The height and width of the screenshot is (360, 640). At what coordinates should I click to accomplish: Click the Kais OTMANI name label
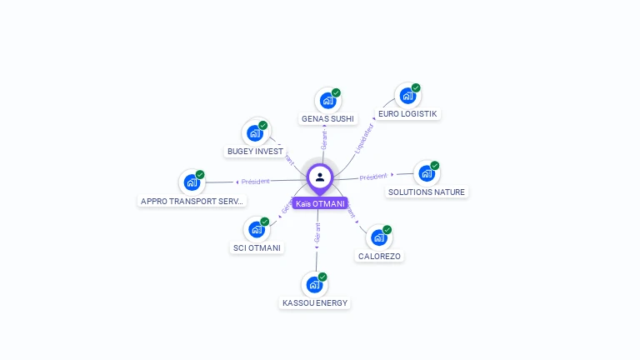coord(319,203)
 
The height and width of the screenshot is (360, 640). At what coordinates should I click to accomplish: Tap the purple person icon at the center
coord(320,177)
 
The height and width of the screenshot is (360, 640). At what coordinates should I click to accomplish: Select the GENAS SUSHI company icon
coord(327,101)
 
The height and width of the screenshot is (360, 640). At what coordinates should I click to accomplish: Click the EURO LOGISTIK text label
coord(407,113)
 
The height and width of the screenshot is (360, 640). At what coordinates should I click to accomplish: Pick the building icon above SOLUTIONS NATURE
coord(426,173)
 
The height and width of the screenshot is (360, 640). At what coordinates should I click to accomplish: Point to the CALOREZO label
coord(379,257)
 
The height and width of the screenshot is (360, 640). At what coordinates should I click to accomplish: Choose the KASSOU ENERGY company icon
coord(314,285)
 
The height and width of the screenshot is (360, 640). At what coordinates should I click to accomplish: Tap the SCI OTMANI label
coord(257,247)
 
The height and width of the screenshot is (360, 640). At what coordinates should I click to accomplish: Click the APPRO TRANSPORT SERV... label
coord(192,201)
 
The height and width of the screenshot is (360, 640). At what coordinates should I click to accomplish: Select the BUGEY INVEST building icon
coord(255,133)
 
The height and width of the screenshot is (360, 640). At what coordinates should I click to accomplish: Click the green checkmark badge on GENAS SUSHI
coord(336,92)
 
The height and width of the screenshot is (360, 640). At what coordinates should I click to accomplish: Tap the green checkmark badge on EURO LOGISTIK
coord(416,87)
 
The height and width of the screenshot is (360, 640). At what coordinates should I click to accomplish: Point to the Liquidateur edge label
coord(363,137)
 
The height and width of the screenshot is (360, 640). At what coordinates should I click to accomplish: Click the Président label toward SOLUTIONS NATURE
coord(373,177)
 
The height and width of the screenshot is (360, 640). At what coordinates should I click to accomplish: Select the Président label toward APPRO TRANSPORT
coord(255,181)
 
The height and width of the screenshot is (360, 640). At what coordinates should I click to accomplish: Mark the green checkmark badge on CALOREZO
coord(387,229)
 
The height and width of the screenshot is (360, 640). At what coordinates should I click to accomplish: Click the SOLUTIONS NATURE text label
coord(427,192)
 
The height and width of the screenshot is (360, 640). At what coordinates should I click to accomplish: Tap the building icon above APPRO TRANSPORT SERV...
coord(192,182)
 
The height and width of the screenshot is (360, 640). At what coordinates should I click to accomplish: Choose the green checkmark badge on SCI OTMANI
coord(265,221)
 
